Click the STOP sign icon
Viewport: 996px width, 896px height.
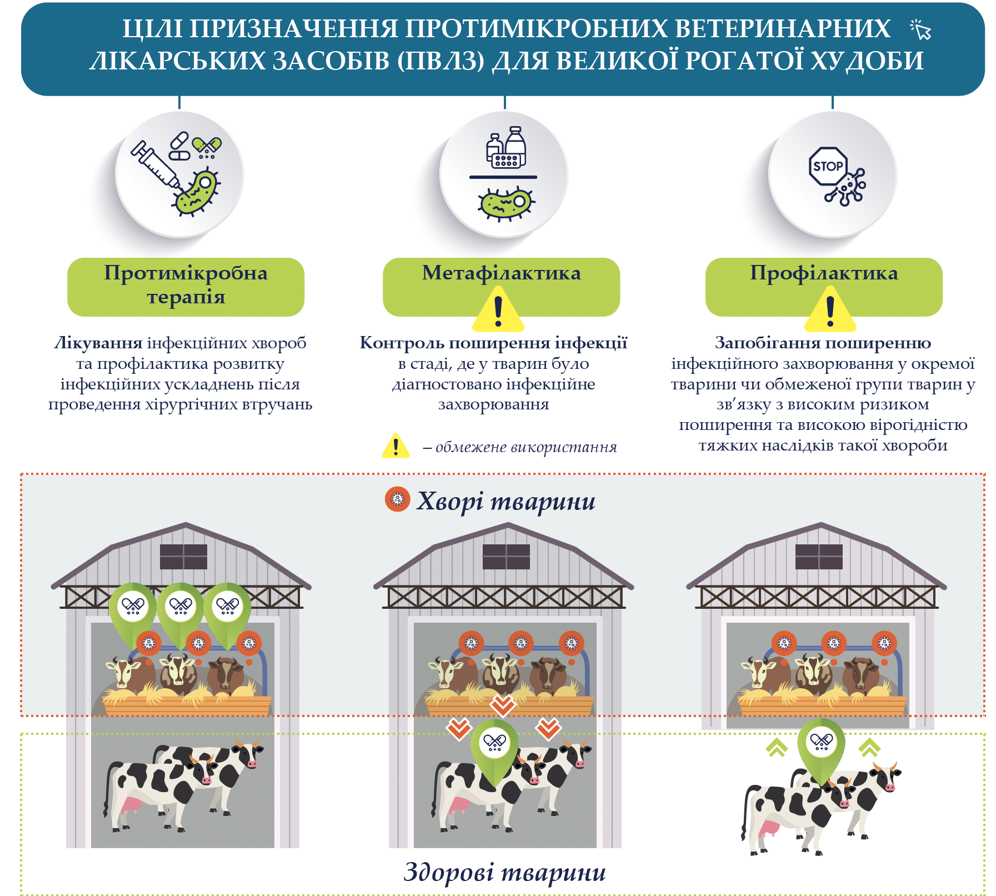828,166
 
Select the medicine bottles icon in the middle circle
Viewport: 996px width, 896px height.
505,147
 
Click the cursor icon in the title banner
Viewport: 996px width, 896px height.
921,30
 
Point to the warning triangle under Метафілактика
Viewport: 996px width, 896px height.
498,312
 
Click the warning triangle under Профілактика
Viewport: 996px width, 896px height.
830,311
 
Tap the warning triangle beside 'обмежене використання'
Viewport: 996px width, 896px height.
396,446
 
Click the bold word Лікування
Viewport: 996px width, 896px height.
98,343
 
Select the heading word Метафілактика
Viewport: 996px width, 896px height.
501,273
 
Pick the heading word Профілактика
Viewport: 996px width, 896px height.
824,273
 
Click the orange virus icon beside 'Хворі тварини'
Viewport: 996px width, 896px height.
397,499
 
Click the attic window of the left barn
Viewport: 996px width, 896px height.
183,557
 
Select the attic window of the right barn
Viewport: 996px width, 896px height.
819,557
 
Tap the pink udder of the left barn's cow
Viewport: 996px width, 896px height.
132,805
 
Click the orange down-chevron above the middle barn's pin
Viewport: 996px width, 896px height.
503,705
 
